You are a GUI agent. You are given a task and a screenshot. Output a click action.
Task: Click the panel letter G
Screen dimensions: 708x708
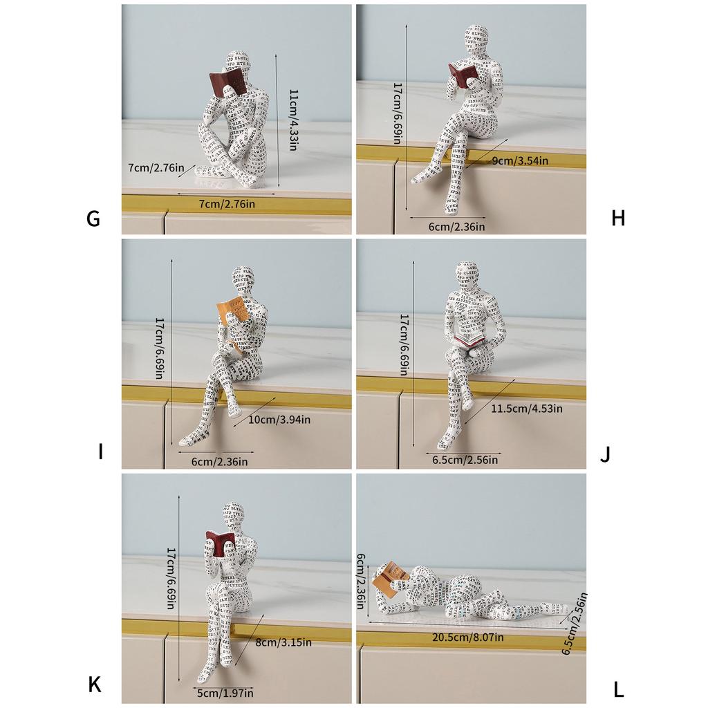(x=93, y=218)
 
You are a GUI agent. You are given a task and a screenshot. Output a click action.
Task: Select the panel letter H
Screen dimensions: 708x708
(x=618, y=218)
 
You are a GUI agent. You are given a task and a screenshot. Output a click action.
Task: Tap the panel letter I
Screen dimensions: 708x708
(x=101, y=453)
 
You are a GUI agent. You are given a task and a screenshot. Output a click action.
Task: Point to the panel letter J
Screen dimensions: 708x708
(x=605, y=454)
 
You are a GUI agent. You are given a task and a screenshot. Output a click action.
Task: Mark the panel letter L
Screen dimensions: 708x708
(x=619, y=689)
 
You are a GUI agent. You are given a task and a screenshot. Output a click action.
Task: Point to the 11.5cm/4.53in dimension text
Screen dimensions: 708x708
(x=527, y=409)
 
